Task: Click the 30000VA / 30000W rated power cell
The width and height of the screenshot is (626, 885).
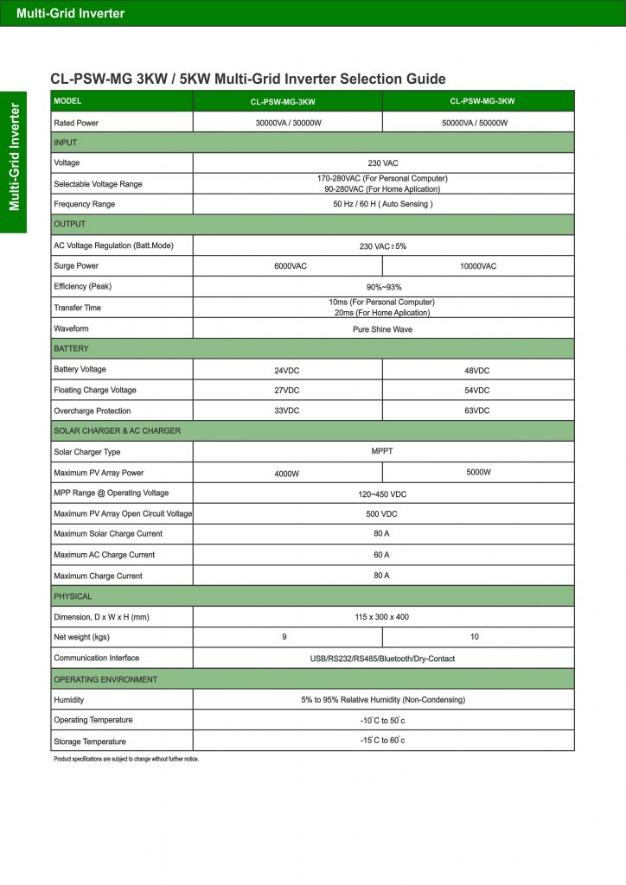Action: tap(287, 123)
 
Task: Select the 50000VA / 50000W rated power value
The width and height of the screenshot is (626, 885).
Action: tap(477, 123)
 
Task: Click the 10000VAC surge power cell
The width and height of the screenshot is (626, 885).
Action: tap(477, 266)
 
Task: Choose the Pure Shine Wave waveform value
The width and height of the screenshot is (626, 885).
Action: tap(382, 329)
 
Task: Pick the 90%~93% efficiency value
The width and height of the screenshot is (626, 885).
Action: tap(382, 287)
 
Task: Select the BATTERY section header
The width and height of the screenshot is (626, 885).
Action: tap(72, 348)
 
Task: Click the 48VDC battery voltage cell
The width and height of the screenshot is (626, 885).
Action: tap(477, 370)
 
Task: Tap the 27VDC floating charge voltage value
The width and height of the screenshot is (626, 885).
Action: tap(287, 391)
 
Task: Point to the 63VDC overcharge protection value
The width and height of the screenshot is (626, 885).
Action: tap(477, 411)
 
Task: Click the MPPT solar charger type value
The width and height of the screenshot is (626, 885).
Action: tap(382, 451)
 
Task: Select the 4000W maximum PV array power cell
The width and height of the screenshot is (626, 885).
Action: tap(287, 474)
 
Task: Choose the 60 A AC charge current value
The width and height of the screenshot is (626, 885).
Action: tap(382, 555)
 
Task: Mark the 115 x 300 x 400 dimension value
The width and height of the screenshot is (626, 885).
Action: tap(382, 617)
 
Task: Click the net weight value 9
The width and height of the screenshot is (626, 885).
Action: tap(284, 638)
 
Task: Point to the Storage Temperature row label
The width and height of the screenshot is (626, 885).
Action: tap(90, 742)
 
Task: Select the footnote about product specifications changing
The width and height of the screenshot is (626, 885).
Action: tap(126, 759)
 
